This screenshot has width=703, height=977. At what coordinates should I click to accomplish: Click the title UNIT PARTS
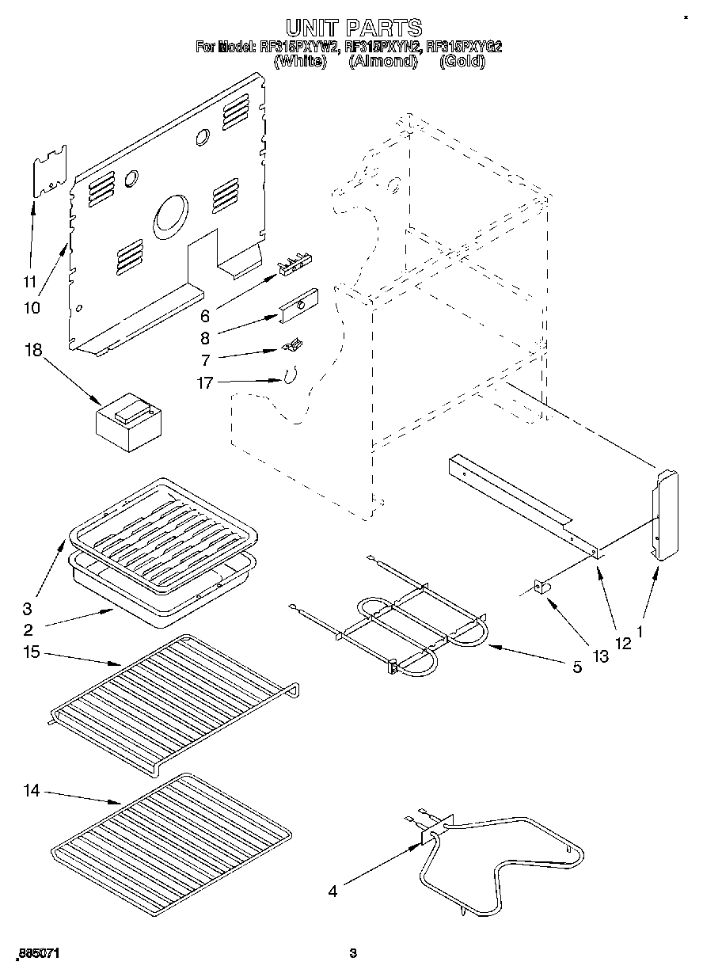click(352, 29)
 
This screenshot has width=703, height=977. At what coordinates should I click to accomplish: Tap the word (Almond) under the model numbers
click(383, 61)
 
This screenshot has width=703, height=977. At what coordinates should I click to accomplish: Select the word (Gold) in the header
click(462, 61)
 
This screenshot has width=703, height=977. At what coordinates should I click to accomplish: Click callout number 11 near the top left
click(29, 281)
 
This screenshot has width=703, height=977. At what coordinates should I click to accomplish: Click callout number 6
click(205, 316)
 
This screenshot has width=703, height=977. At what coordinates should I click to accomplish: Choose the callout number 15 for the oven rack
click(32, 652)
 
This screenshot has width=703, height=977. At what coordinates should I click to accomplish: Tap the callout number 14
click(32, 789)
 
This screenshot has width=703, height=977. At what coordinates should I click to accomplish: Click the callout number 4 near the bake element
click(333, 891)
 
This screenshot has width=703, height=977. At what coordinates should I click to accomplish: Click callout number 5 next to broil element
click(577, 667)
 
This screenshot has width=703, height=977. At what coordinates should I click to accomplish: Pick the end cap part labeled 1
click(664, 515)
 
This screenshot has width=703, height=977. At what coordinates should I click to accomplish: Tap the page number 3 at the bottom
click(354, 954)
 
